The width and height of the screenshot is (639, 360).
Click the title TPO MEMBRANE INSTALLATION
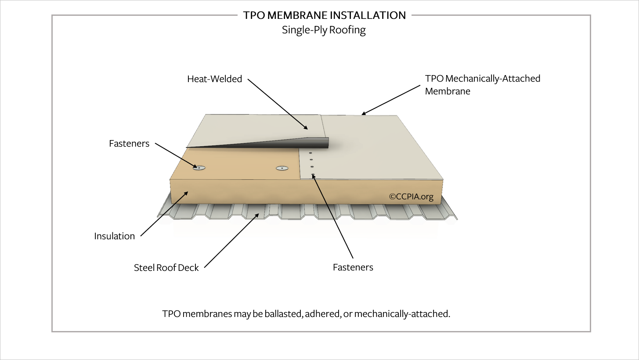click(x=324, y=15)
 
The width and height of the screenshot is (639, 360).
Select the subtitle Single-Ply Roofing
click(x=324, y=30)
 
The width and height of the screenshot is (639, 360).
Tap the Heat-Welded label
click(x=214, y=79)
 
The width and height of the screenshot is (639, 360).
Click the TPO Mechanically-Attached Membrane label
click(x=482, y=85)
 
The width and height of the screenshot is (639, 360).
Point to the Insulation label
click(x=114, y=236)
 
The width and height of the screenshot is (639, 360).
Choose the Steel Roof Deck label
click(x=166, y=268)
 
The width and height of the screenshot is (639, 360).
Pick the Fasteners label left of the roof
click(x=129, y=144)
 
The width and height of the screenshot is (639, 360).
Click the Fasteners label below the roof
click(x=353, y=267)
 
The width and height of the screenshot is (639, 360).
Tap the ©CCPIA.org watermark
click(x=411, y=197)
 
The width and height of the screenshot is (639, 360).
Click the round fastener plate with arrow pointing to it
click(x=200, y=168)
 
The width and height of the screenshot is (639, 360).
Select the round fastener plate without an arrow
click(x=281, y=168)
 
